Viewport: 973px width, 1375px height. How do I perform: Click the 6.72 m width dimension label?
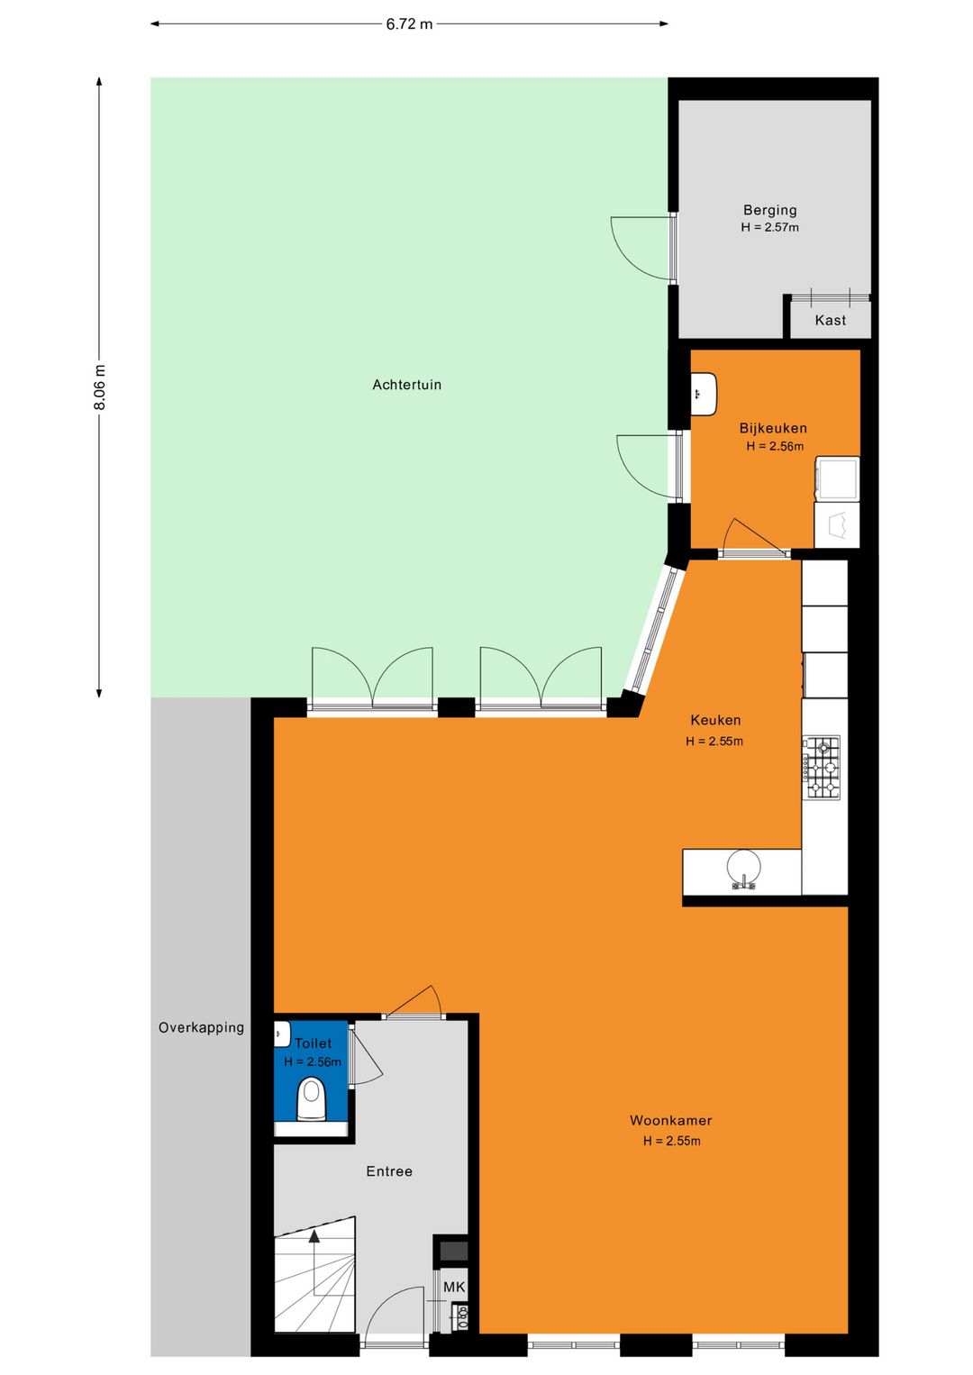(409, 24)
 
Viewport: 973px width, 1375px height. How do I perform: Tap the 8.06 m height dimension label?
(100, 387)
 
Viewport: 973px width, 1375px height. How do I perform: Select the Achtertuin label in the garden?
(406, 385)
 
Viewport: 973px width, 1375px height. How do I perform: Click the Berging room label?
(769, 211)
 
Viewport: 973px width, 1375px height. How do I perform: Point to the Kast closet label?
(830, 320)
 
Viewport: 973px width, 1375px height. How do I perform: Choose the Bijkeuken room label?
(773, 428)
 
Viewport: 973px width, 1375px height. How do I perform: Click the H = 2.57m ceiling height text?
(769, 227)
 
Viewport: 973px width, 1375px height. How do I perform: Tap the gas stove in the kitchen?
(821, 768)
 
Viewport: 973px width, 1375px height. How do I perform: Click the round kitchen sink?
(743, 869)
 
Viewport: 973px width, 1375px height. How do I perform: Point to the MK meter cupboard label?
(454, 1288)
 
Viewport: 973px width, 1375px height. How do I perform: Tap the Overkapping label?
(201, 1027)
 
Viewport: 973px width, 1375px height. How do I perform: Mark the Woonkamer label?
(671, 1120)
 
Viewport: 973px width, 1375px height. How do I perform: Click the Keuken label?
(715, 720)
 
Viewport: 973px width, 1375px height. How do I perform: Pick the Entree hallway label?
(389, 1171)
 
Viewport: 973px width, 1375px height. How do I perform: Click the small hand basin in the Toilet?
(282, 1034)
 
